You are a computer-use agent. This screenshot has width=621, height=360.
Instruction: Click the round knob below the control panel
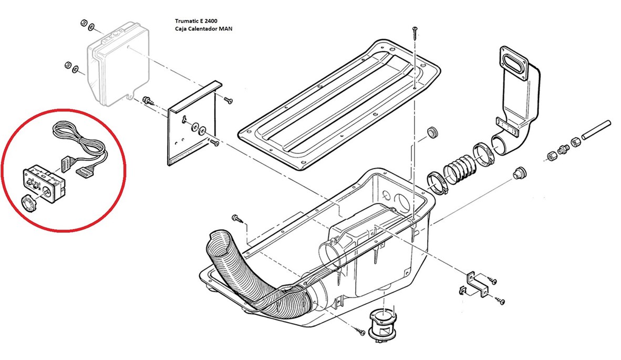[x=30, y=203]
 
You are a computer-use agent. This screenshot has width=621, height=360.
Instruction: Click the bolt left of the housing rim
[x=236, y=217]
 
